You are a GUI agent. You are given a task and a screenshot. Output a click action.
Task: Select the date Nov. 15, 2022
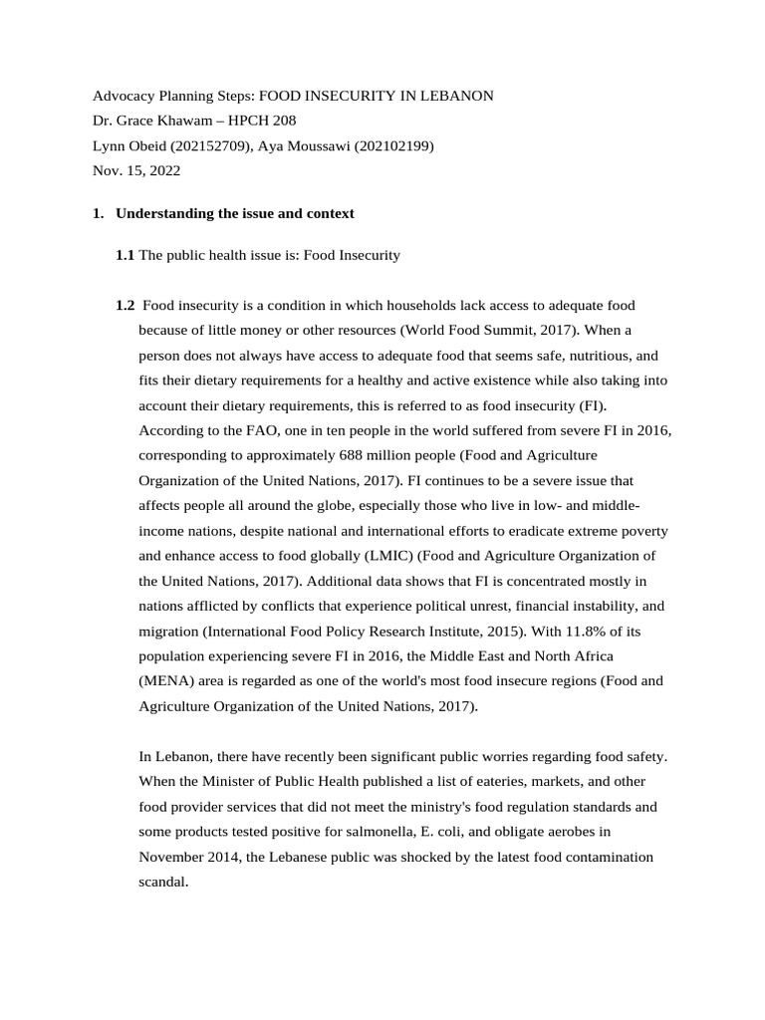[136, 170]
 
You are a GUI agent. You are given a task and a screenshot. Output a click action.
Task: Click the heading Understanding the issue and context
[235, 213]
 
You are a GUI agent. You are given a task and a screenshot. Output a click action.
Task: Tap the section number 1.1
[125, 255]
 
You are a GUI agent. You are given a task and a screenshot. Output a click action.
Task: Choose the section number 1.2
[125, 305]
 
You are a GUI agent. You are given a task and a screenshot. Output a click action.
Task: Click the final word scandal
[163, 882]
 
